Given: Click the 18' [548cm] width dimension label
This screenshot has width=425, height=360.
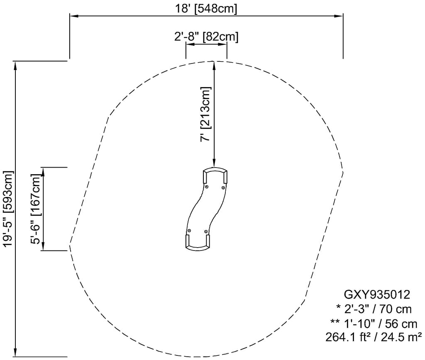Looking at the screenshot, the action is coord(206,9).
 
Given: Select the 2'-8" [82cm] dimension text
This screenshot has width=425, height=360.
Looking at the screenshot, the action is coord(206,36).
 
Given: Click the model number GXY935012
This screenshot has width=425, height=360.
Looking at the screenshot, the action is coord(377,294).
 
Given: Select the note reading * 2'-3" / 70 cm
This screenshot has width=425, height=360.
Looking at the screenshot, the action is coord(374,309).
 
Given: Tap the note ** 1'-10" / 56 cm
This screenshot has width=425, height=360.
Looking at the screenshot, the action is coord(374,324).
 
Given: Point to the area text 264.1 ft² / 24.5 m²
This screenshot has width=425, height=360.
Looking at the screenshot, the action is coord(374,338).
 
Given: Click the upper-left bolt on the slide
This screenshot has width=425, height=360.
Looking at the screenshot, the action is coord(207,187).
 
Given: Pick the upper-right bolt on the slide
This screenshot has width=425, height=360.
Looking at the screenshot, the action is coord(223,188).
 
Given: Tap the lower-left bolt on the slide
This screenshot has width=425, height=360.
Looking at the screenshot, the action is coord(189,231).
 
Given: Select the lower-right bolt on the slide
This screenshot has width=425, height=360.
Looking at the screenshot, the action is coord(206,231).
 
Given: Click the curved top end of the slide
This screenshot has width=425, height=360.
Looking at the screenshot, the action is coord(215,170).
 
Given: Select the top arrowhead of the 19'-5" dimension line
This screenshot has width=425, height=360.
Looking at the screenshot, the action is coord(15,66).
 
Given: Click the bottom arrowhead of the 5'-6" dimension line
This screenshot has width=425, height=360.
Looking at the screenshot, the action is coord(43,246).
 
